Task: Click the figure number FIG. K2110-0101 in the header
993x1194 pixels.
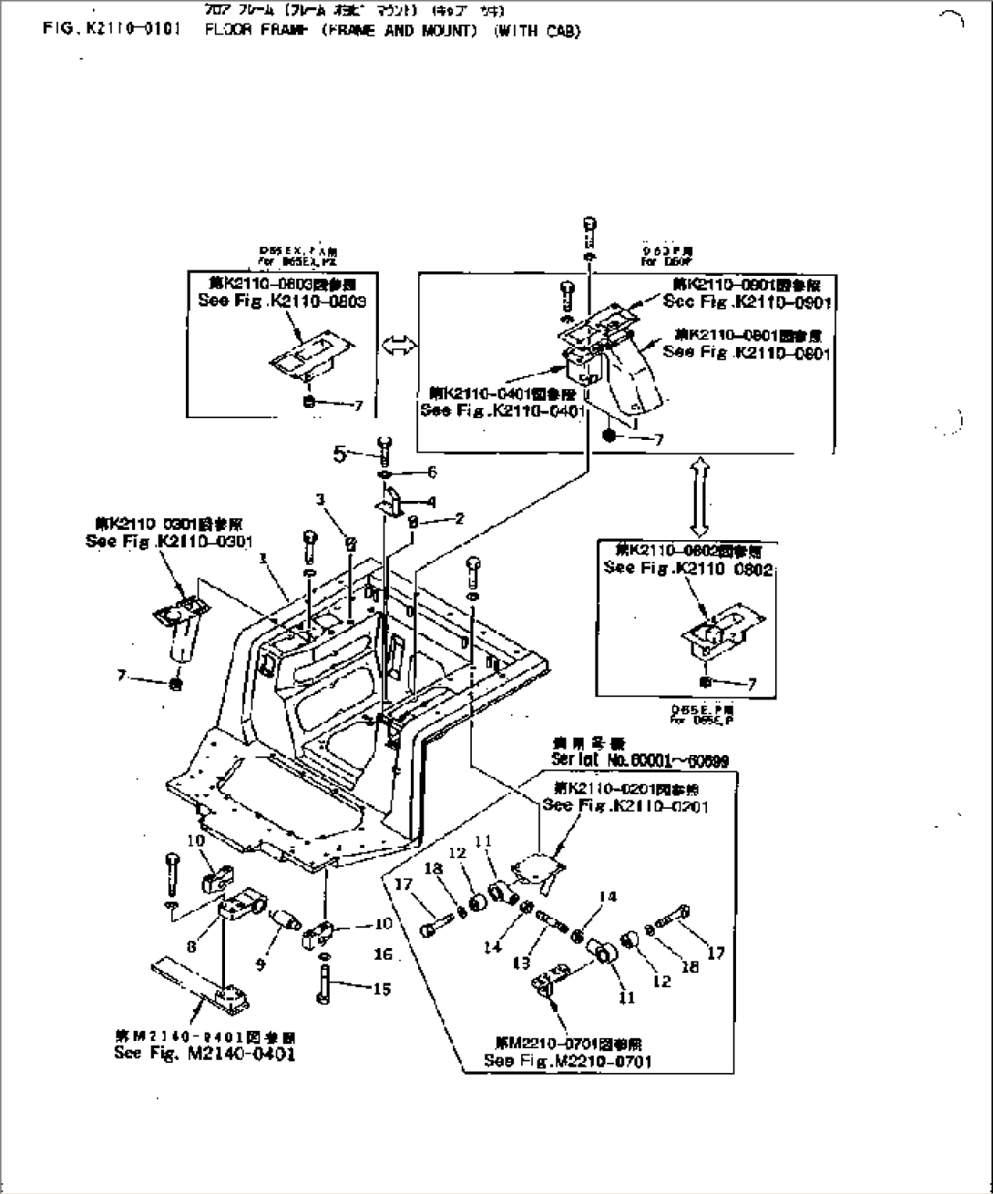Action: pyautogui.click(x=111, y=30)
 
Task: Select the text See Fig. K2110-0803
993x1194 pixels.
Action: pyautogui.click(x=282, y=301)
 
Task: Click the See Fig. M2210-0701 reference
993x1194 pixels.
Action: pyautogui.click(x=568, y=1061)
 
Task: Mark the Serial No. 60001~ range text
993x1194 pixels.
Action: pyautogui.click(x=640, y=760)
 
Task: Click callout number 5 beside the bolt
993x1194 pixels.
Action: pyautogui.click(x=340, y=453)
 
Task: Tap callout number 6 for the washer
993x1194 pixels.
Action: pyautogui.click(x=432, y=472)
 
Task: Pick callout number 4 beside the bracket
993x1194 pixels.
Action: pyautogui.click(x=431, y=501)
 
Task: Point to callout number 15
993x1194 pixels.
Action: pyautogui.click(x=383, y=988)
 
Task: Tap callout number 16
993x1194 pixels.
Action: pyautogui.click(x=383, y=954)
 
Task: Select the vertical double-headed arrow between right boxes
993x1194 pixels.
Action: pyautogui.click(x=698, y=495)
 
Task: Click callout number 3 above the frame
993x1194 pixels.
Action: pyautogui.click(x=321, y=498)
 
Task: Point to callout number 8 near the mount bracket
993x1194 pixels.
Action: pyautogui.click(x=191, y=946)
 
